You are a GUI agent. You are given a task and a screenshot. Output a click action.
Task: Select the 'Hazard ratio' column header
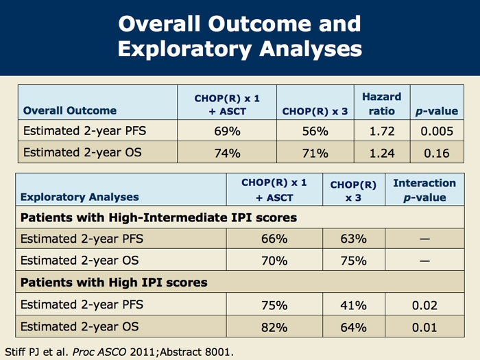382,104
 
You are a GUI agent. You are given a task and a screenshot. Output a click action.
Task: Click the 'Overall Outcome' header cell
70,110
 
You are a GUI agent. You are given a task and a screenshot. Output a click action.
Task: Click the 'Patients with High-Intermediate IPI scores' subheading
159,218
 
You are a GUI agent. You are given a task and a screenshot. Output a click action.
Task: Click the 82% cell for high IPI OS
274,327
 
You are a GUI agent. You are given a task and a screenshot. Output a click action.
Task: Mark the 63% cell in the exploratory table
354,239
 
